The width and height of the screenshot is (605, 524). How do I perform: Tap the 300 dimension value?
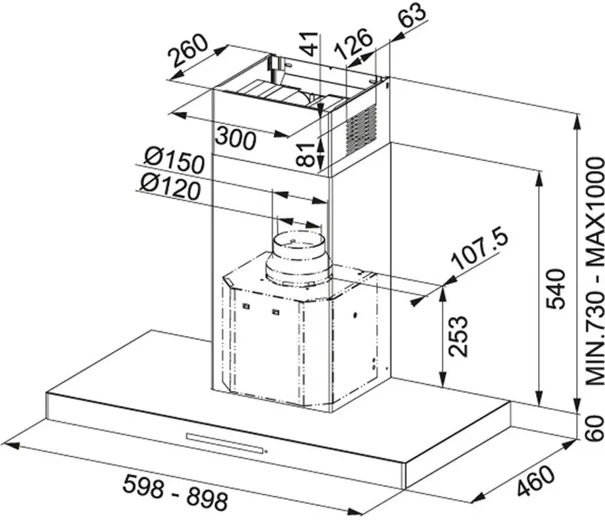coord(236,138)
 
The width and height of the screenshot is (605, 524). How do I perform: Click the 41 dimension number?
coord(309,44)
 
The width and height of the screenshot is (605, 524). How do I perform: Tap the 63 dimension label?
coord(412,14)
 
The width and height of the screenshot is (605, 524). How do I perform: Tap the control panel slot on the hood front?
coord(225,443)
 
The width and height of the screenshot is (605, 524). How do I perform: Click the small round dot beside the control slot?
coord(267,451)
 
